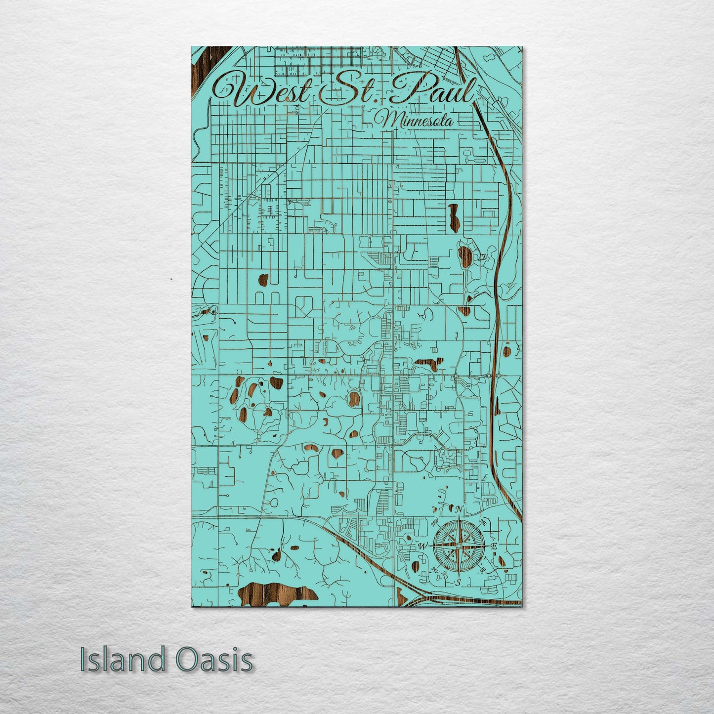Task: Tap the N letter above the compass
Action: tap(459, 509)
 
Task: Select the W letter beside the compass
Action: tap(422, 546)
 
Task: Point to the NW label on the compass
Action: tap(435, 523)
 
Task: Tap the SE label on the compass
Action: tap(483, 570)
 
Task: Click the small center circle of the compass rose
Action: tap(459, 546)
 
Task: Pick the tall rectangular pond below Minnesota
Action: tap(453, 213)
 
